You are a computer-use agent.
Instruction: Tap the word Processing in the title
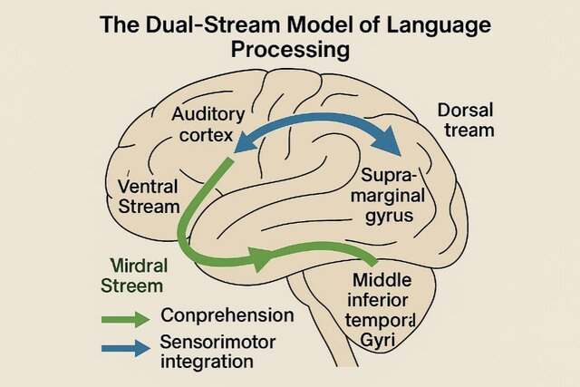click(x=290, y=50)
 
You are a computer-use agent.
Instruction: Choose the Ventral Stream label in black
click(x=150, y=197)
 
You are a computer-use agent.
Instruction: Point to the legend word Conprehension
click(x=227, y=316)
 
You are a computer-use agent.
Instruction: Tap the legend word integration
click(x=206, y=363)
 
